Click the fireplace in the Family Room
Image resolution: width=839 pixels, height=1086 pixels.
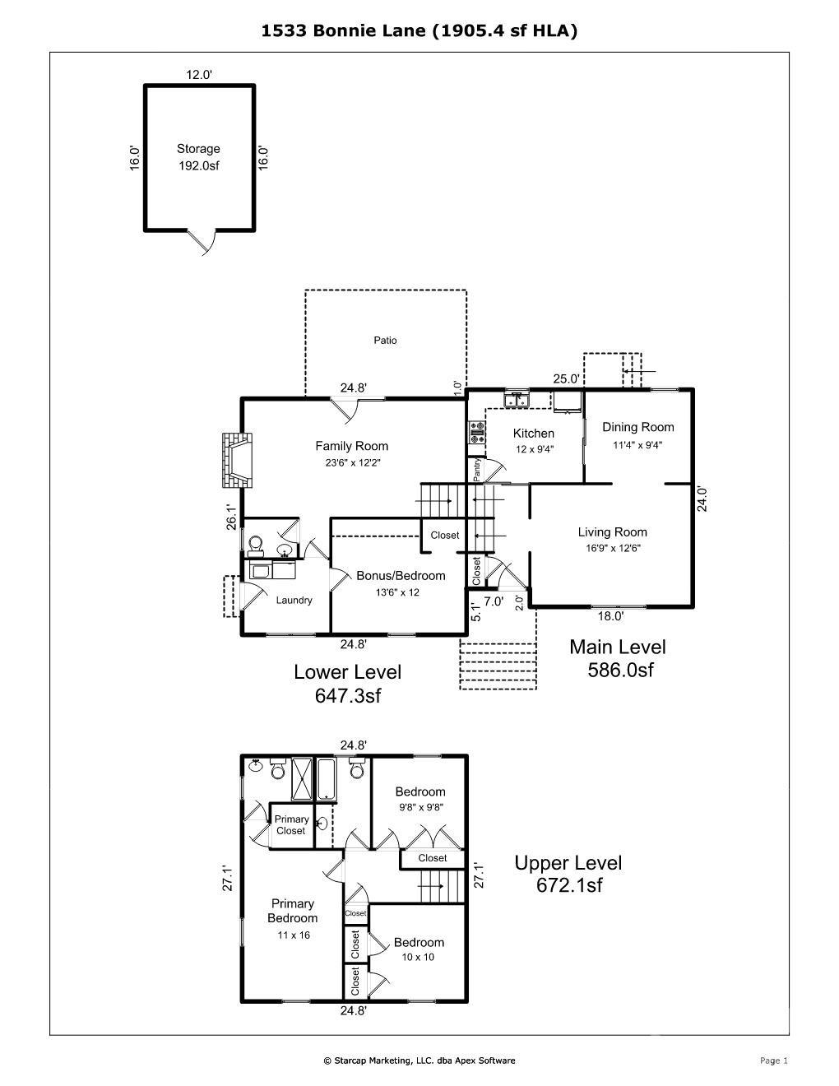pos(238,460)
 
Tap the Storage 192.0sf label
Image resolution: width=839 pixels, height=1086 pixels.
pos(198,157)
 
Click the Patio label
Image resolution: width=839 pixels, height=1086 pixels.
pos(385,341)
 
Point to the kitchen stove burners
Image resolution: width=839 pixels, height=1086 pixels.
pos(477,432)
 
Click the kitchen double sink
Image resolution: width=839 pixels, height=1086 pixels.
pos(517,401)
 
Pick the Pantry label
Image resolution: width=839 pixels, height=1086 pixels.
pos(477,470)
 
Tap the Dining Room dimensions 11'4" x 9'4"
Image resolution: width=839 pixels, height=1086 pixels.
pos(637,445)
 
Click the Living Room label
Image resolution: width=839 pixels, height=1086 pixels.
pos(612,532)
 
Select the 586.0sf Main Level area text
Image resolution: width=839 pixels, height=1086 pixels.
pos(620,670)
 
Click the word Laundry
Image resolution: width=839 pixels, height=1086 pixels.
pos(294,601)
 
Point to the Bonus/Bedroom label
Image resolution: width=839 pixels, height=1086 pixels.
pos(401,576)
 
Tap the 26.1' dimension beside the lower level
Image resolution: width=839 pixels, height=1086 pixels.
pos(231,517)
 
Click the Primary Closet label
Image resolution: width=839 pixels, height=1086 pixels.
pos(291,824)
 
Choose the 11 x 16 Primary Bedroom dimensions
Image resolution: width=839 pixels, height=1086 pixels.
pos(294,935)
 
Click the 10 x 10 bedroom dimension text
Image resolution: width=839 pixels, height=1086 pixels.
pos(418,957)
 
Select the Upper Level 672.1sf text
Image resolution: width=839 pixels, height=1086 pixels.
pos(568,874)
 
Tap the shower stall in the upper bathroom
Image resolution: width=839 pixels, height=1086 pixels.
pos(302,780)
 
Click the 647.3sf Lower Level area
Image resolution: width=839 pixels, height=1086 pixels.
pos(348,695)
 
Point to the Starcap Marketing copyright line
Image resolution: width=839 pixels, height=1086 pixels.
pos(419,1060)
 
